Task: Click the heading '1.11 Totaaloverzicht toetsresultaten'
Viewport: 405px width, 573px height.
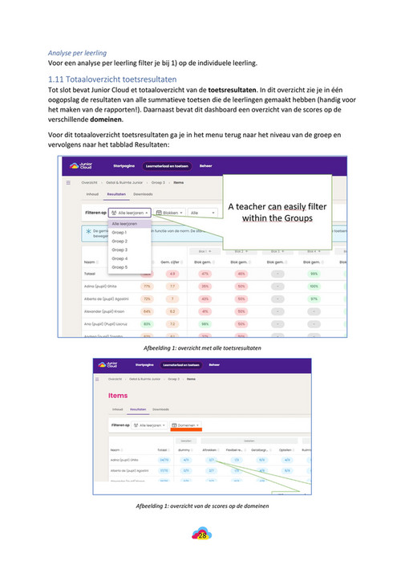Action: (x=112, y=80)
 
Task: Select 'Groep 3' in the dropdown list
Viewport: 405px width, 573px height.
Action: (x=119, y=250)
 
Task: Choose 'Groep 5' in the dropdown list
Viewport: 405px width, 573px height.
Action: (x=119, y=267)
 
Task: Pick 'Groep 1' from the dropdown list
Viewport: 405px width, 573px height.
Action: (x=119, y=232)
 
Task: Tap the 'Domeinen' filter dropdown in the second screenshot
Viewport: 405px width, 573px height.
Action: (x=185, y=425)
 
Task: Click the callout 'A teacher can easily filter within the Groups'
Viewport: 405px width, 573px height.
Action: (x=277, y=213)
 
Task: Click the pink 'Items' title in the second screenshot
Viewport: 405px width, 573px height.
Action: (x=117, y=396)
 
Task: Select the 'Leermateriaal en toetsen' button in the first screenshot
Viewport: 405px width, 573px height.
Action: (x=167, y=166)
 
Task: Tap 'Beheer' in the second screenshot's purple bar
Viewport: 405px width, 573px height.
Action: (x=215, y=365)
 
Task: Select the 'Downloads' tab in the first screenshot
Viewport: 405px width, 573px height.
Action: (x=144, y=194)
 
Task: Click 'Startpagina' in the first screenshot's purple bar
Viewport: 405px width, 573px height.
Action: (x=123, y=166)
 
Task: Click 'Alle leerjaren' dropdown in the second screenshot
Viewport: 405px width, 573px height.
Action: (x=148, y=425)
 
